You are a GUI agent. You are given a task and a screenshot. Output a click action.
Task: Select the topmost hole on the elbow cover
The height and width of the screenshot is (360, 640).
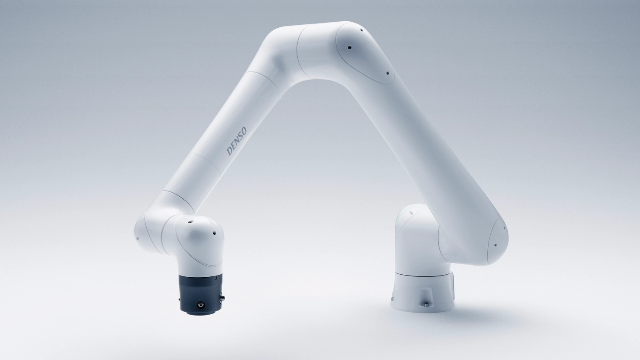(361, 31)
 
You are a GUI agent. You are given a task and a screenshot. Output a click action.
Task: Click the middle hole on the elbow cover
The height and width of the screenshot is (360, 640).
(349, 48)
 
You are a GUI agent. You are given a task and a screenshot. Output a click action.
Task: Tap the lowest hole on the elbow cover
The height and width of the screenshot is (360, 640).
(387, 73)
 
